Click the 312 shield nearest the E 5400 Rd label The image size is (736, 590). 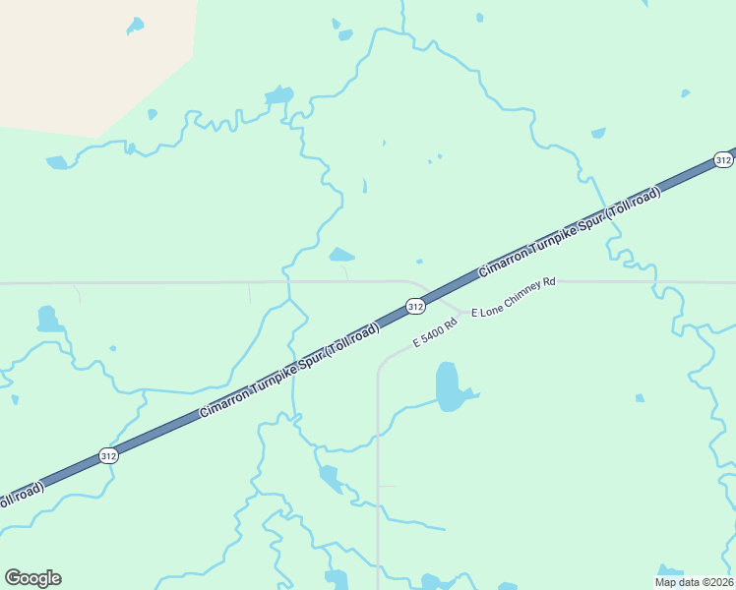(x=415, y=307)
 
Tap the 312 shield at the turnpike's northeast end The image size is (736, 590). (x=723, y=159)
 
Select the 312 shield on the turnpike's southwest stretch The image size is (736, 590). (x=108, y=456)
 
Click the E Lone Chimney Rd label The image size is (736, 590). (x=514, y=297)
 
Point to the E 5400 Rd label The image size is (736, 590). (x=436, y=332)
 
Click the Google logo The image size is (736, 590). (x=32, y=578)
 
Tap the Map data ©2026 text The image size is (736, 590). (x=695, y=582)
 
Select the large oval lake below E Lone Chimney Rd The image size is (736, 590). (x=448, y=385)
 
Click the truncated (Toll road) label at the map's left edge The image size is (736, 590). (x=20, y=497)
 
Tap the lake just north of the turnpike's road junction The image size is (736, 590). (x=341, y=255)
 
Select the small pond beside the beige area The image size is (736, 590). (x=135, y=25)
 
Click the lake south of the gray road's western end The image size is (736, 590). (x=46, y=320)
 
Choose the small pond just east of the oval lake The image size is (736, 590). (x=640, y=398)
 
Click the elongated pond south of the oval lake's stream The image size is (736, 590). (x=330, y=478)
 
